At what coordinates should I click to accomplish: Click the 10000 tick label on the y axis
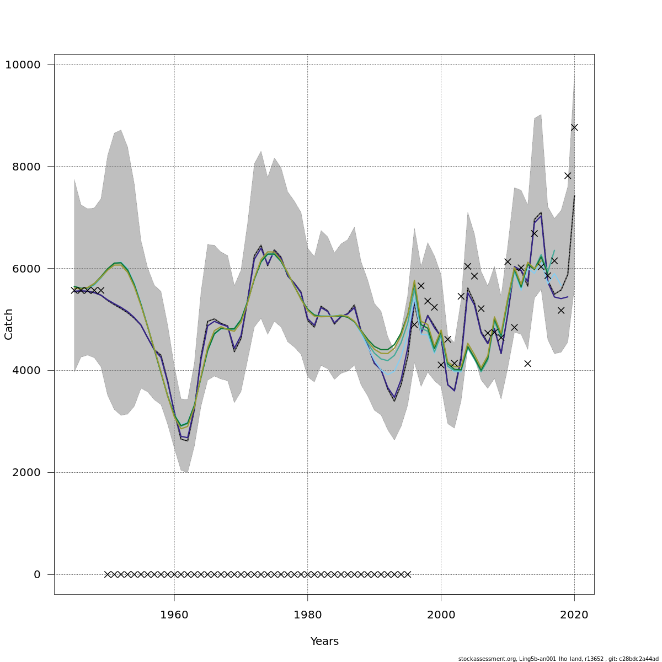coord(23,65)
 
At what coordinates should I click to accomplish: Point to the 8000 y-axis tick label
coord(26,167)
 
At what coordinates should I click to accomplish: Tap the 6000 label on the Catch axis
coord(26,269)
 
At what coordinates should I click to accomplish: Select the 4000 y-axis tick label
coord(26,371)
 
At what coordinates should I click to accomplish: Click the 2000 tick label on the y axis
coord(26,473)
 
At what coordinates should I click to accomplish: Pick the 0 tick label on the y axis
coord(37,575)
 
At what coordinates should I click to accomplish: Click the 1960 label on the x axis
coord(174,615)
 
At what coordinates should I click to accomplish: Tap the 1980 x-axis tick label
coord(308,615)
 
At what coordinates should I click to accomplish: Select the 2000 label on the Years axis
coord(441,615)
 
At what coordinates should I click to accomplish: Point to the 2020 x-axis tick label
coord(574,615)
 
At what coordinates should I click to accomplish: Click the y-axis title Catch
coord(9,324)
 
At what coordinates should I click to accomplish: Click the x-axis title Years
coord(324,642)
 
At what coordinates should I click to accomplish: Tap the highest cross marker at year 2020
coord(574,127)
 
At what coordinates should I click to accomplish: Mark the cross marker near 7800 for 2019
coord(568,176)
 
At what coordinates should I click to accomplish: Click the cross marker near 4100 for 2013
coord(527,364)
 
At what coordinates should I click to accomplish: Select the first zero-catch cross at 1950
coord(108,574)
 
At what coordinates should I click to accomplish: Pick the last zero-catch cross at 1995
coord(408,574)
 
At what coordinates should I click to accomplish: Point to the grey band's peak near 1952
coord(121,130)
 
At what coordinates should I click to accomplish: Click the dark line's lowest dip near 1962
coord(187,440)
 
